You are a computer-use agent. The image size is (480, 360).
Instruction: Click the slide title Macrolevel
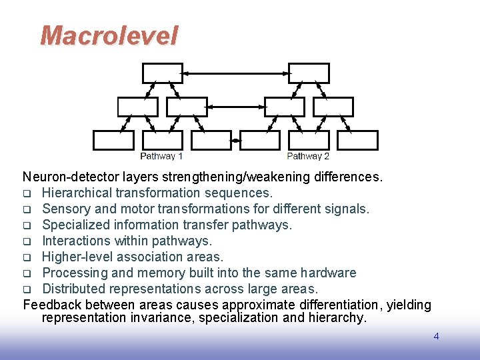click(x=109, y=35)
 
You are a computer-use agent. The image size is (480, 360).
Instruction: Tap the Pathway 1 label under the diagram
click(x=161, y=156)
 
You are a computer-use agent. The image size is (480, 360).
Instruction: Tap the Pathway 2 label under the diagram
click(x=308, y=156)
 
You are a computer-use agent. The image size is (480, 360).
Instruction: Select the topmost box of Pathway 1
click(x=162, y=73)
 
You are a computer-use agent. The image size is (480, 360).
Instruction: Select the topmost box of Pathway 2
click(x=309, y=73)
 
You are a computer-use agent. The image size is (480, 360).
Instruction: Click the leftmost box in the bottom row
click(x=113, y=140)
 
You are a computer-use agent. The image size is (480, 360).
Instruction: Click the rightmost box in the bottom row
click(x=357, y=140)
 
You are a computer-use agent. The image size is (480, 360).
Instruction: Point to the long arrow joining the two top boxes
click(x=235, y=73)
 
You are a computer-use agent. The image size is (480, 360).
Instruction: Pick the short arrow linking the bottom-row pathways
click(x=235, y=140)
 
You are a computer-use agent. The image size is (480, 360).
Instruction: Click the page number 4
click(x=436, y=336)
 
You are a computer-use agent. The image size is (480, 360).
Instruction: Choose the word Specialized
click(x=76, y=225)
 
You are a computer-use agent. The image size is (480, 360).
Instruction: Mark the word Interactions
click(x=77, y=241)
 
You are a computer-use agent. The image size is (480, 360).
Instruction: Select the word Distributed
click(x=75, y=289)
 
